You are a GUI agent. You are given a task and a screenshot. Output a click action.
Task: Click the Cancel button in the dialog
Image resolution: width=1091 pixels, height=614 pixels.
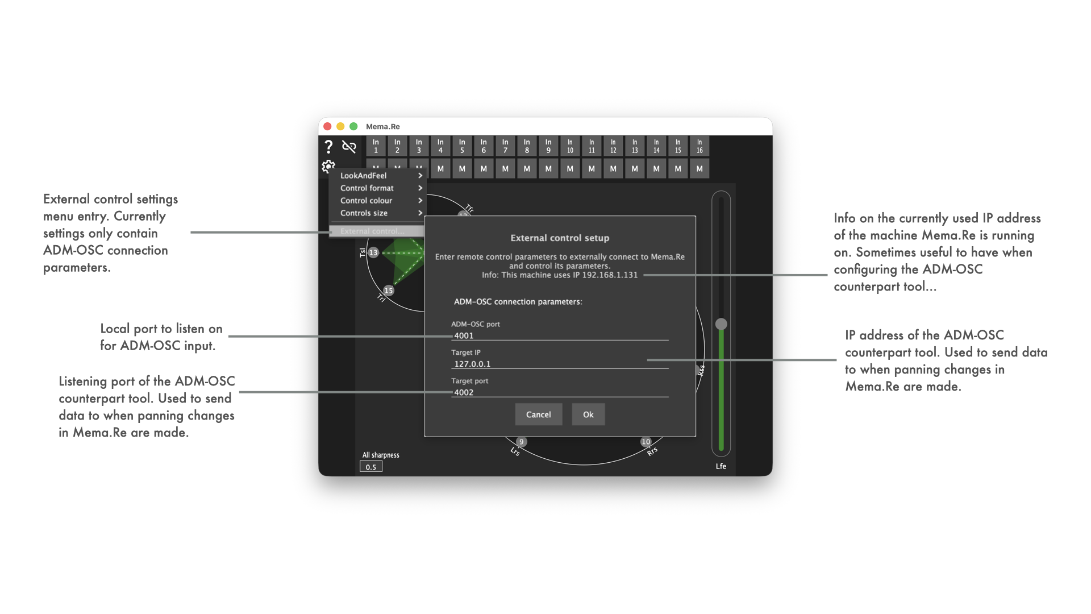coord(538,414)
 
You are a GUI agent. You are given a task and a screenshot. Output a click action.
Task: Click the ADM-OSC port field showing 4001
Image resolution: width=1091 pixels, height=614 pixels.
coord(559,335)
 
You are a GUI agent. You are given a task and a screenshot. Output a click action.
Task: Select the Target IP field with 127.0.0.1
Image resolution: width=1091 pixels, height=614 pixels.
coord(559,364)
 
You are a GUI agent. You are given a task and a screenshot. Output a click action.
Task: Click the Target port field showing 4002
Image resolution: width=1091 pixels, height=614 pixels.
coord(559,392)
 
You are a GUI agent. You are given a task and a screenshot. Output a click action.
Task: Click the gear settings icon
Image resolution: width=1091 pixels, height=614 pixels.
coord(328,166)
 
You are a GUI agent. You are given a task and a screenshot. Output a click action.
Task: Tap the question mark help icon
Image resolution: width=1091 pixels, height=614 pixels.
coord(328,147)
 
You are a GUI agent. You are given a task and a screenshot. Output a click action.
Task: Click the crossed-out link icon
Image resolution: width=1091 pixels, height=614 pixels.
coord(349,147)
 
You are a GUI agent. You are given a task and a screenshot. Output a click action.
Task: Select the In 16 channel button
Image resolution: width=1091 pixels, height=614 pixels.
coord(699,146)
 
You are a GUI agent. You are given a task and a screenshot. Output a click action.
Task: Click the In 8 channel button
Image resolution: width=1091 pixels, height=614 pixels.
coord(527,146)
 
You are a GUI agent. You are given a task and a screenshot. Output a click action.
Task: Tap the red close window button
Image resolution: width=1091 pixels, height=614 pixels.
coord(327,126)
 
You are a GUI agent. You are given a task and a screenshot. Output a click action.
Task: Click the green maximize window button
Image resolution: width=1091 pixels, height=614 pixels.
coord(353,126)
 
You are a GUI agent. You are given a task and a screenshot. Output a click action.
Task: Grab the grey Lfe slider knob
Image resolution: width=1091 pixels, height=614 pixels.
coord(721,324)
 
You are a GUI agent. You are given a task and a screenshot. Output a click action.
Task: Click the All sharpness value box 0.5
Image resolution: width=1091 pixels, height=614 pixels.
coord(371,467)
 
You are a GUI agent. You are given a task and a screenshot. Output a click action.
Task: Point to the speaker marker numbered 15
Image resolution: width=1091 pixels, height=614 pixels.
coord(389,291)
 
